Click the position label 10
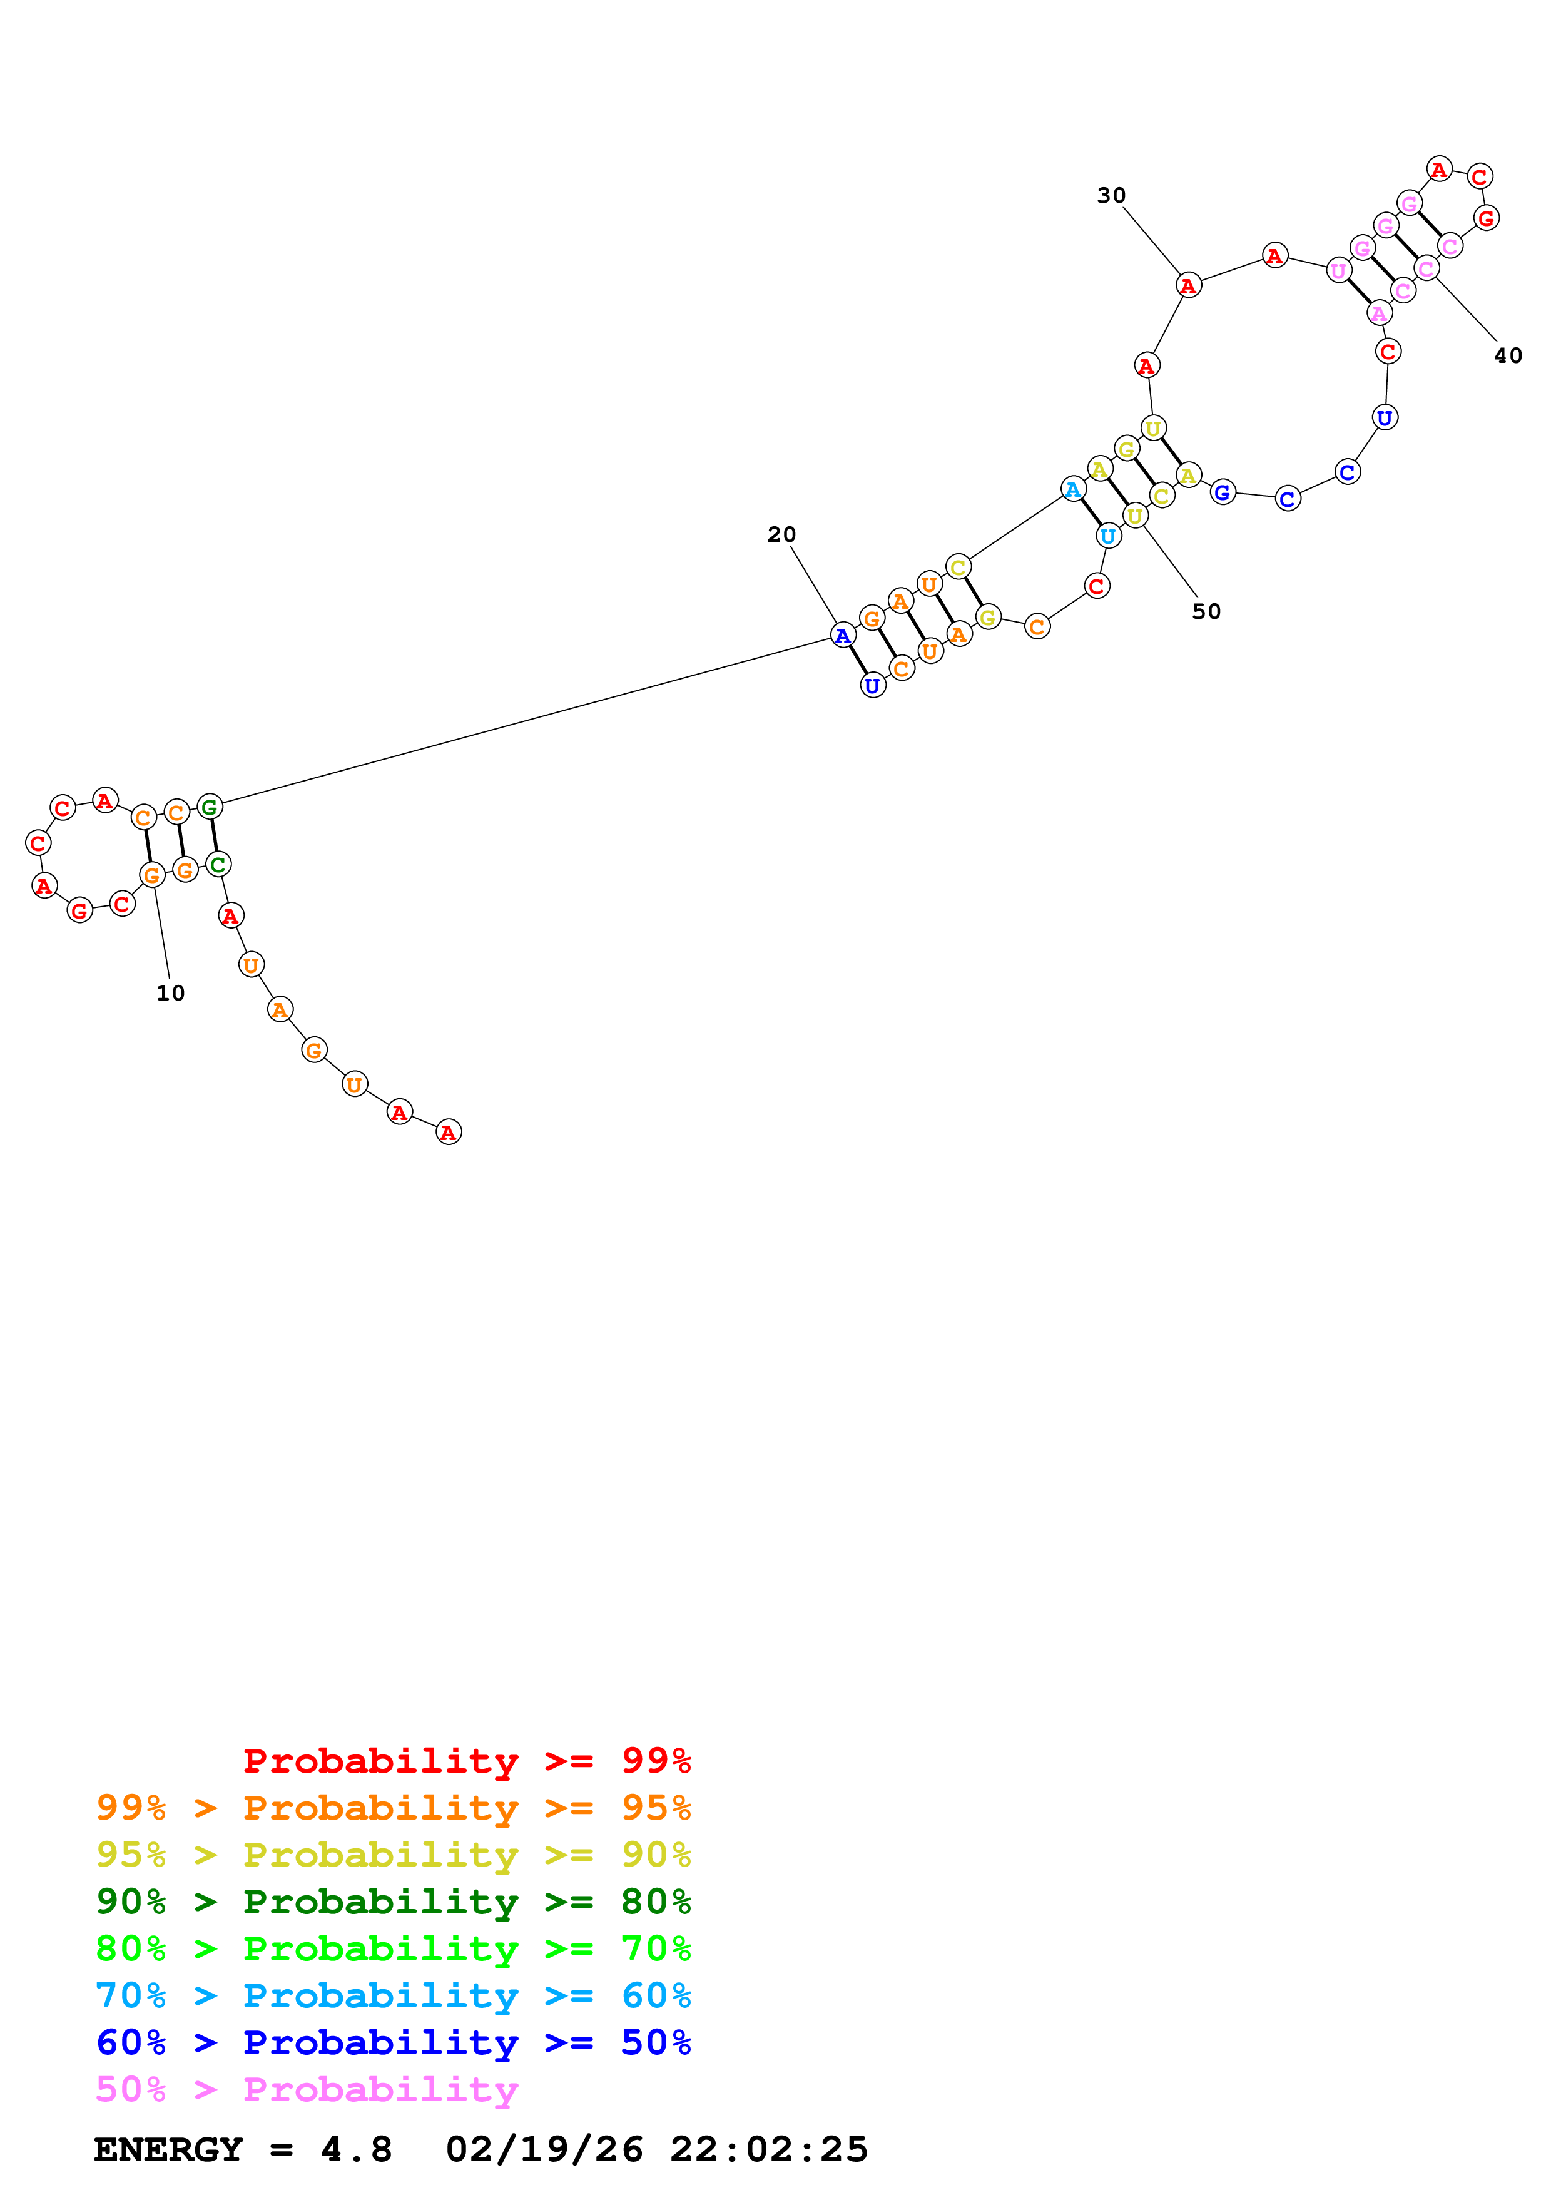(x=170, y=993)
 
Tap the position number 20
(x=781, y=534)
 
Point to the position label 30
(x=1111, y=195)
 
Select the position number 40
(x=1507, y=355)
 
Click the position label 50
(x=1206, y=612)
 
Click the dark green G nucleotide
(x=210, y=807)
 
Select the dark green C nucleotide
(x=218, y=864)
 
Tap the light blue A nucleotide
(x=1073, y=489)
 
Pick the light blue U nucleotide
(x=1107, y=536)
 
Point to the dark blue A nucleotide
(x=842, y=635)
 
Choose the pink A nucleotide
(x=1378, y=313)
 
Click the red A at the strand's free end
(x=448, y=1132)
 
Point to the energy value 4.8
(x=355, y=2150)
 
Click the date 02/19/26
(x=544, y=2150)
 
